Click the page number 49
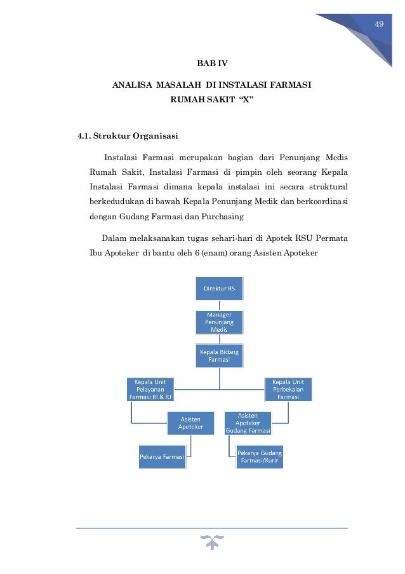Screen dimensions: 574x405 [380, 24]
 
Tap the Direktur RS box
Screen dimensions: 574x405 [219, 289]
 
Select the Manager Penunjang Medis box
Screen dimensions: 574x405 [219, 322]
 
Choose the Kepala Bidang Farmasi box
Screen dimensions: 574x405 [219, 356]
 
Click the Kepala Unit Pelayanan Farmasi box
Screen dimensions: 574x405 [151, 389]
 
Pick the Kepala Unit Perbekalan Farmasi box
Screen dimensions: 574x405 [288, 389]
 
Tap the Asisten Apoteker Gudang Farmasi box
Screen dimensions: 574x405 [248, 422]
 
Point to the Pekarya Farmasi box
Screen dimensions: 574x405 [163, 456]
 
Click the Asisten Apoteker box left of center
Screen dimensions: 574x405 [190, 422]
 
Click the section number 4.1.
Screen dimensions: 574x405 [84, 135]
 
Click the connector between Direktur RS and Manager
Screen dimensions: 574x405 [219, 304]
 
